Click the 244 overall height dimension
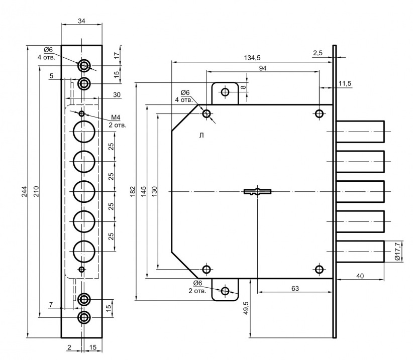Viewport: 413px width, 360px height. (x=24, y=194)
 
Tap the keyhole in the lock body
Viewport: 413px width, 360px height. (x=257, y=191)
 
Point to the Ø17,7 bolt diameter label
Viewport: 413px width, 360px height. (x=397, y=251)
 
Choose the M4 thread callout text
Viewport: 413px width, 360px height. (x=116, y=117)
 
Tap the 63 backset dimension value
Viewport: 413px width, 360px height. (x=295, y=288)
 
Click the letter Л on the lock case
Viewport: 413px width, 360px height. (x=201, y=135)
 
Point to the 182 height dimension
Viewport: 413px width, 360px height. (x=132, y=191)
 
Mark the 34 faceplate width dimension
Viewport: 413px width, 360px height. (x=81, y=21)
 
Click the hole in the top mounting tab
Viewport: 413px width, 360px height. (x=225, y=92)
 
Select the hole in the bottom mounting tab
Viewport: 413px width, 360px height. (x=225, y=291)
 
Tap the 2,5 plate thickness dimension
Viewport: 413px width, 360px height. (x=318, y=53)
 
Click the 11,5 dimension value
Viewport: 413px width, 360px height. (x=345, y=83)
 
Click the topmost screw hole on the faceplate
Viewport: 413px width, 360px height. (x=84, y=65)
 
